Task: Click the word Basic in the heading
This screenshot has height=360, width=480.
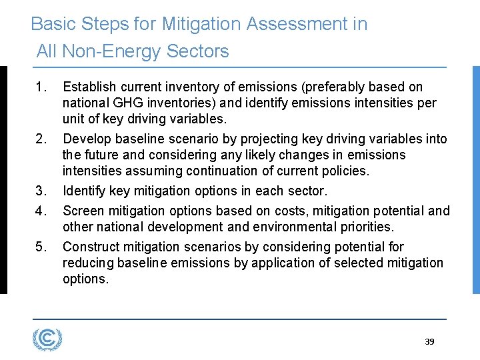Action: click(53, 24)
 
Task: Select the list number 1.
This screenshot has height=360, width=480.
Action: click(42, 87)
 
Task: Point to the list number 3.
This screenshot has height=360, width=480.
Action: click(42, 191)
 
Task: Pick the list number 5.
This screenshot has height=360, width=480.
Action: click(42, 247)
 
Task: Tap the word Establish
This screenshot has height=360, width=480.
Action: click(89, 87)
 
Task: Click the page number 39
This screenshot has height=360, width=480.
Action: click(429, 341)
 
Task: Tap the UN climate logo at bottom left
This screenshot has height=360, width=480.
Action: click(47, 340)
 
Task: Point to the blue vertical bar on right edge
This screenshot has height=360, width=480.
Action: click(475, 179)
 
